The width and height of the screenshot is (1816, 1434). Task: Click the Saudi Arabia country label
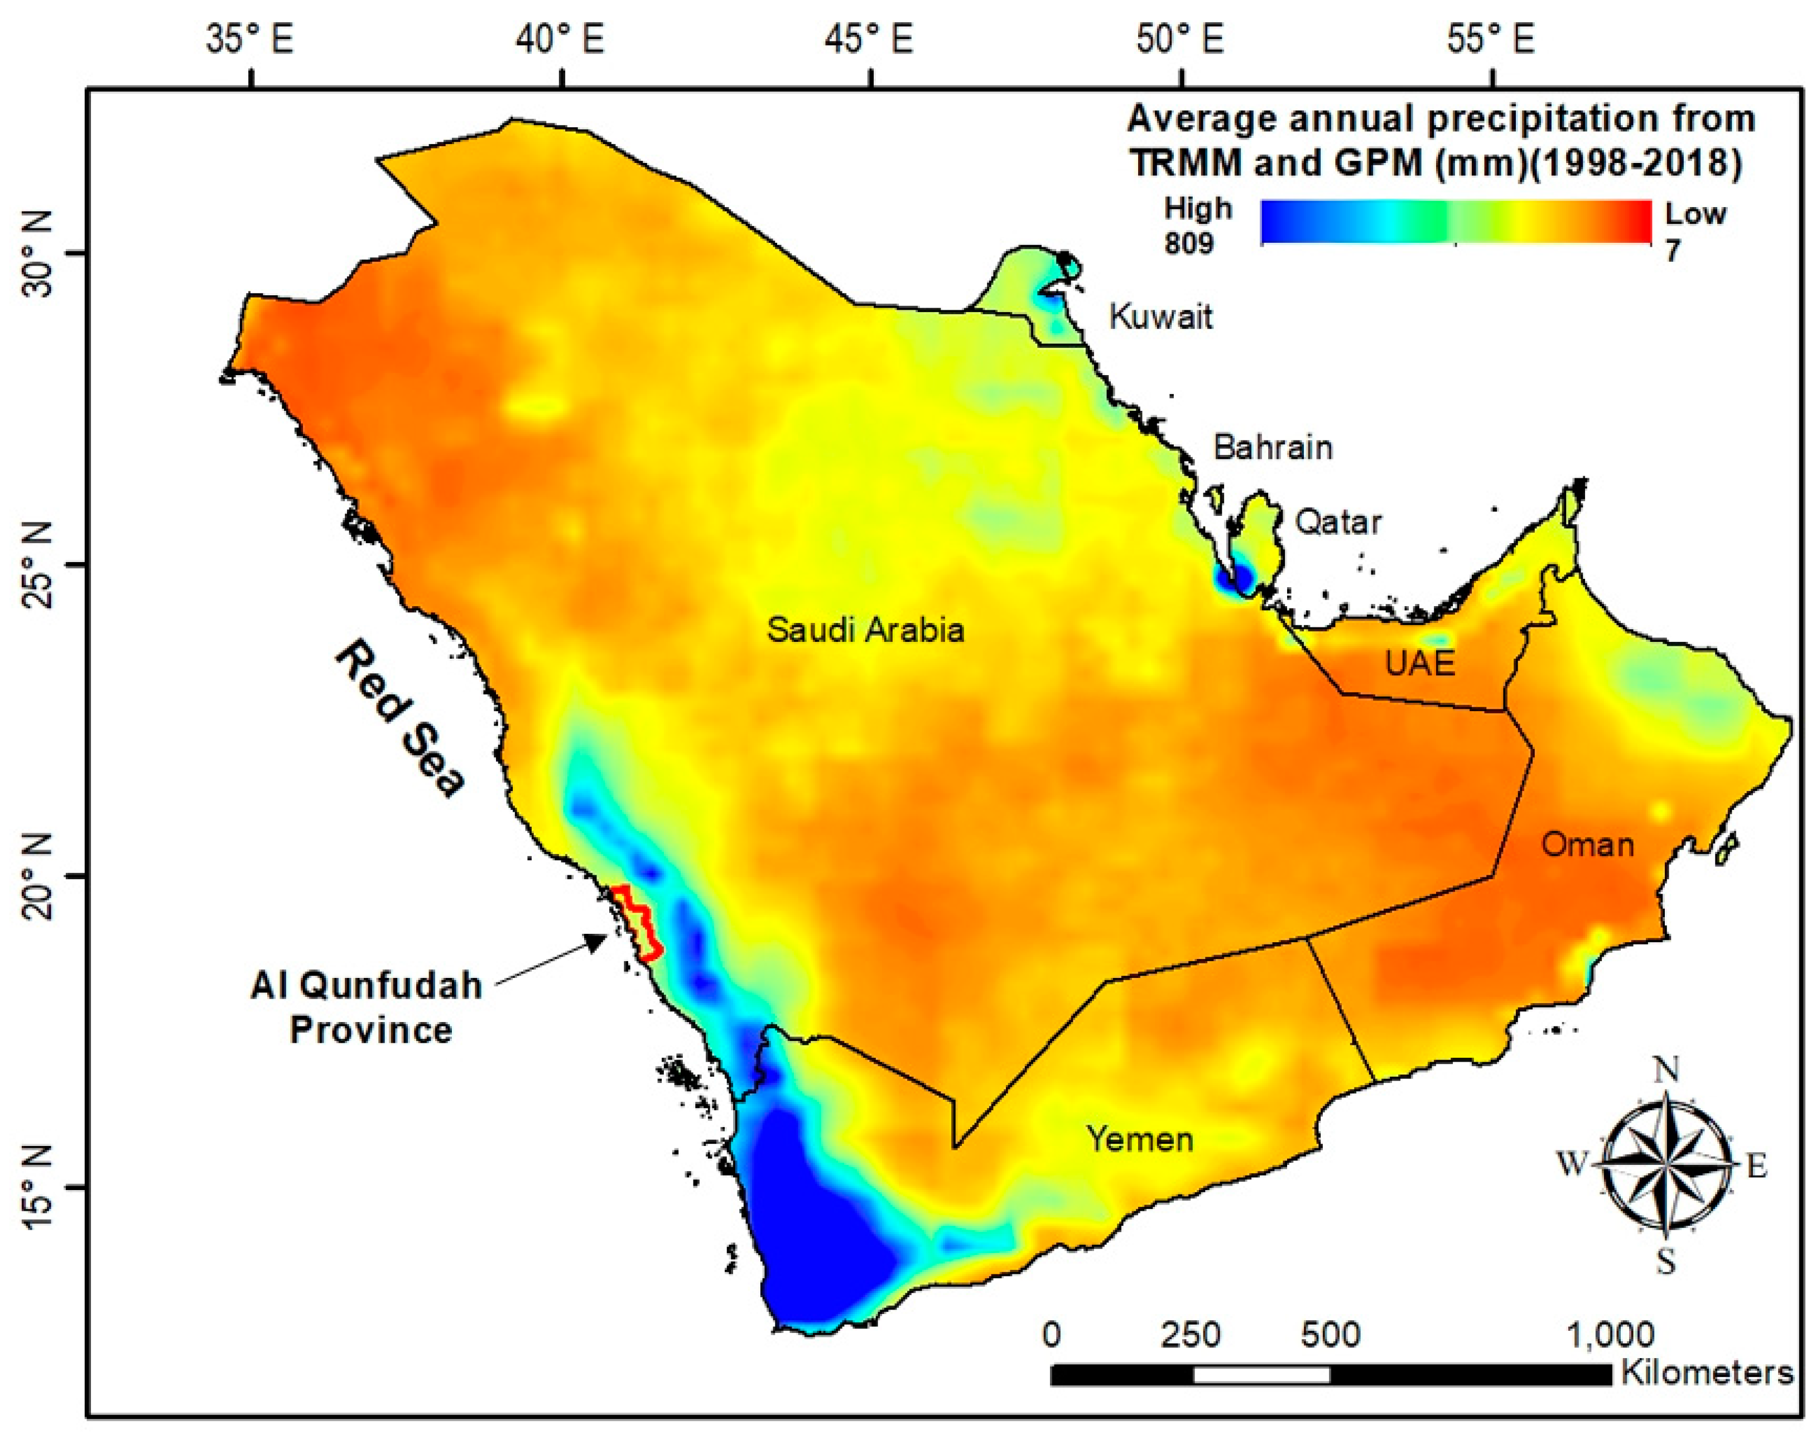(865, 630)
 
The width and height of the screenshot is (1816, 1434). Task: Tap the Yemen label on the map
(1140, 1139)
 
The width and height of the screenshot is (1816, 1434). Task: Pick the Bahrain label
(1272, 448)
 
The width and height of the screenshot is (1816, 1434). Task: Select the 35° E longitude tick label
(249, 40)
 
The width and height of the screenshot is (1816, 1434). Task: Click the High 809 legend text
(1195, 225)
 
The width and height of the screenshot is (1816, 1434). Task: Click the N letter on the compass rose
(1666, 1071)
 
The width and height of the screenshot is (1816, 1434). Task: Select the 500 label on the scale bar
(1330, 1334)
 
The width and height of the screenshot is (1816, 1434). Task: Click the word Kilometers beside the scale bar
(1706, 1372)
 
